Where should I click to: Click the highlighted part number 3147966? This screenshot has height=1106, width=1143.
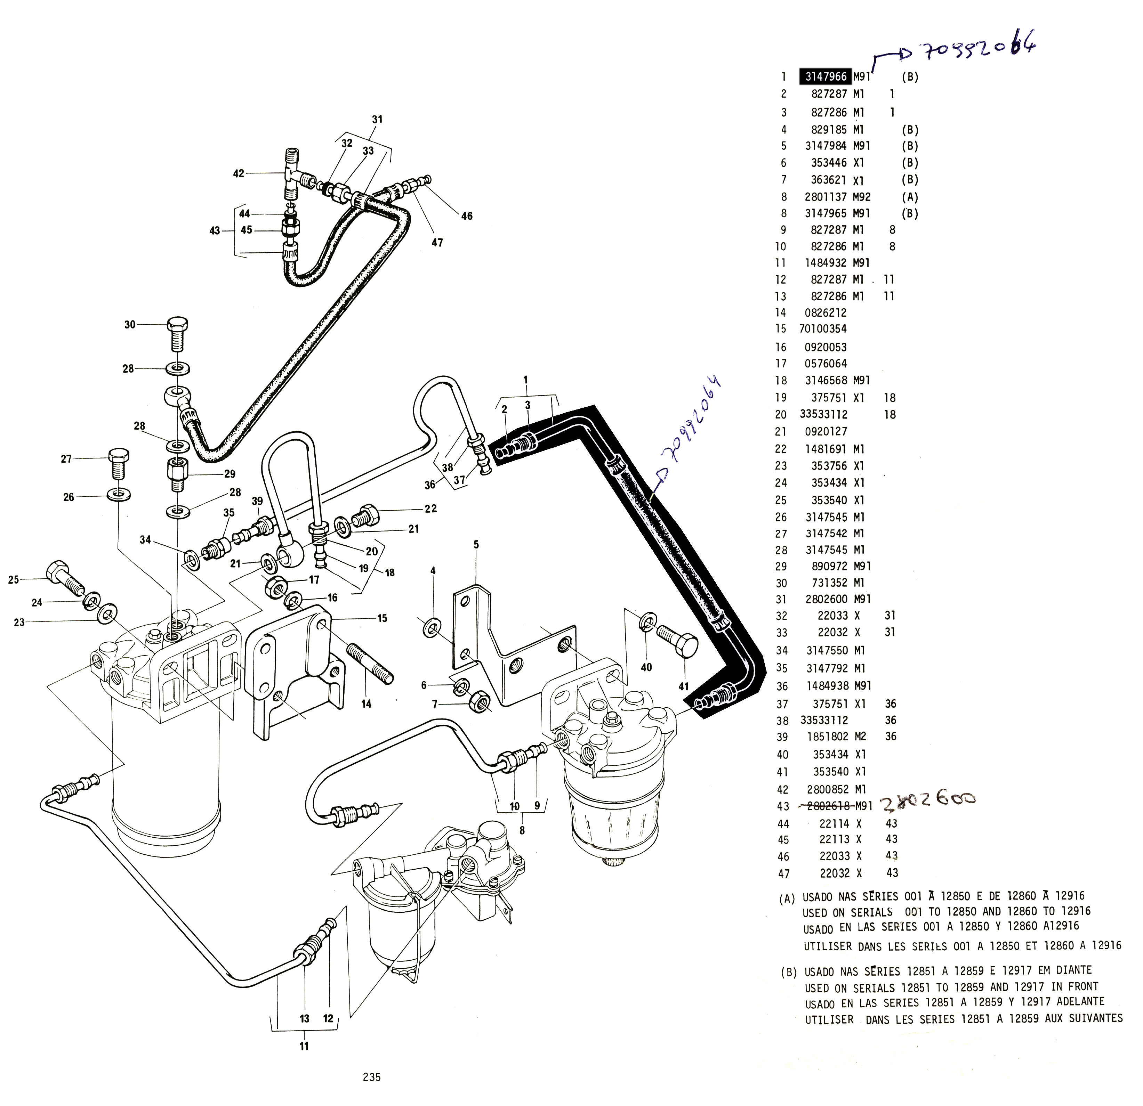[826, 76]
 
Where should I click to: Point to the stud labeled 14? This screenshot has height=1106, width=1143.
[370, 662]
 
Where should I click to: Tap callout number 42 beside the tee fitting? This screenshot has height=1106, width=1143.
[239, 173]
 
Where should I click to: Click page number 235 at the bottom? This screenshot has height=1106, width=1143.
[371, 1077]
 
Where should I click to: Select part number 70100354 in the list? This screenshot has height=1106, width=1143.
[823, 329]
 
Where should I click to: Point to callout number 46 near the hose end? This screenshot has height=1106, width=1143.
[467, 216]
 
